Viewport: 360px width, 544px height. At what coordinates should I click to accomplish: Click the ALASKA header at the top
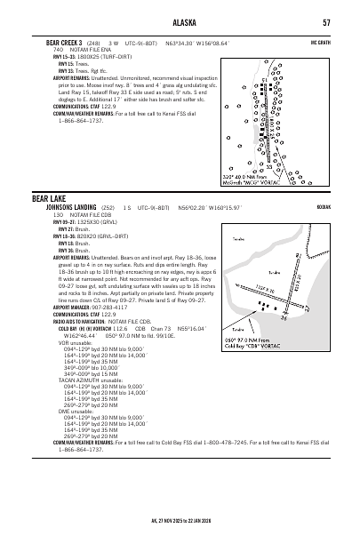180,22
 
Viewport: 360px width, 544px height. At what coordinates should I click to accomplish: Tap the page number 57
326,22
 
